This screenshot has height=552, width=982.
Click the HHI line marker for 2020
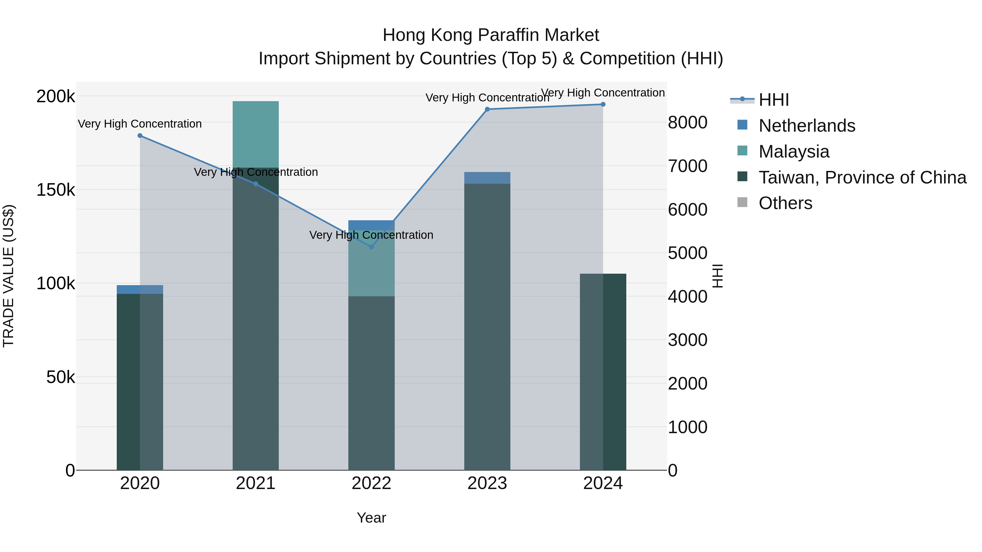[x=140, y=136]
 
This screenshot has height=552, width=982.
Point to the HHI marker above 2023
[x=487, y=109]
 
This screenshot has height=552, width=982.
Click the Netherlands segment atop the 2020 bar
[x=140, y=289]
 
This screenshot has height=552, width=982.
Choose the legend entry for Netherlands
[x=807, y=126]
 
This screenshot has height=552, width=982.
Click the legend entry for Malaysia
[x=794, y=152]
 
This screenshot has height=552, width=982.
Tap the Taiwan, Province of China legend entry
[x=862, y=177]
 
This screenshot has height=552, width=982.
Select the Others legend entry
[x=785, y=203]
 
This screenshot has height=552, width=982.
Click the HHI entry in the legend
[x=774, y=100]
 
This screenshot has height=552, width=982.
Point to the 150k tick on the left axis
[x=56, y=190]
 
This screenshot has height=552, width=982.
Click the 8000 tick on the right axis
[x=688, y=123]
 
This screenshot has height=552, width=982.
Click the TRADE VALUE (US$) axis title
[x=8, y=276]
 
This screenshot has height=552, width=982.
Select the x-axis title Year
[x=371, y=518]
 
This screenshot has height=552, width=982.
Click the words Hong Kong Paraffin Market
[x=491, y=35]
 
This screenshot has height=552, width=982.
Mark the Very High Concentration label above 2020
[x=140, y=124]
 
